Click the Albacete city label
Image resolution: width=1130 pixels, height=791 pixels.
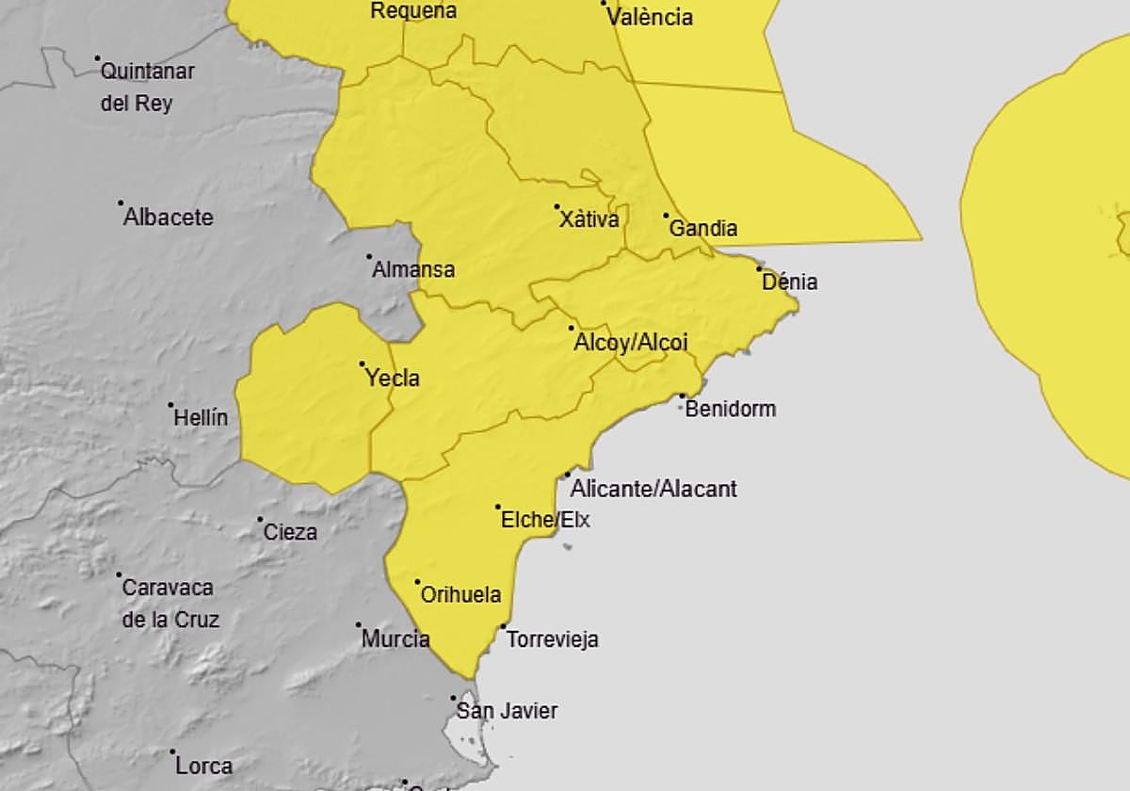169,218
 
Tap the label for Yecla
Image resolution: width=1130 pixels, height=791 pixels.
392,379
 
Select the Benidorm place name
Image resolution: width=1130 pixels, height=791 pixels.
731,409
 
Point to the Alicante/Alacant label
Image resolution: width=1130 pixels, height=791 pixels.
654,489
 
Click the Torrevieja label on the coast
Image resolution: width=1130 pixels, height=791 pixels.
552,639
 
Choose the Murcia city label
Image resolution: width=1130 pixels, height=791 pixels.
395,639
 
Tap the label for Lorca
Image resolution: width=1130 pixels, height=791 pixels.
203,766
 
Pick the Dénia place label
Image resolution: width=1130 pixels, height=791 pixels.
789,282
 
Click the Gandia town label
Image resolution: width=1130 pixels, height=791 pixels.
702,228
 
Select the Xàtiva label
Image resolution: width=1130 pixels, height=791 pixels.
589,220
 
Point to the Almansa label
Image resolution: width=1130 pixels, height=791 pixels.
413,270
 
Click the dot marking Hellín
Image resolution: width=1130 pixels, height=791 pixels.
171,406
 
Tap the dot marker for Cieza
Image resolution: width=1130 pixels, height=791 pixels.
261,520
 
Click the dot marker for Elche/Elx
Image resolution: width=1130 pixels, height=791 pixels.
498,508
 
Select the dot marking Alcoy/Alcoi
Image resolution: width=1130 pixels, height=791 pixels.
572,329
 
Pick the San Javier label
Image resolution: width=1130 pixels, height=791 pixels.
507,711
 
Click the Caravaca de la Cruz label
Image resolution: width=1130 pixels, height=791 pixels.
169,603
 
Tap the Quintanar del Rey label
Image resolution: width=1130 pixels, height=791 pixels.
146,87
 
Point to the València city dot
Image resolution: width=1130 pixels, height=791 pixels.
604,4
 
